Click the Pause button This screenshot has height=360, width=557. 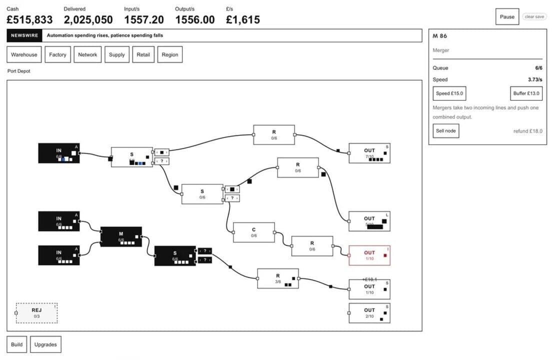click(x=507, y=16)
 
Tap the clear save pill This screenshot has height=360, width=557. click(x=534, y=16)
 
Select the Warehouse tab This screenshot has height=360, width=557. click(x=24, y=54)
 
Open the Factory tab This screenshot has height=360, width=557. click(x=57, y=54)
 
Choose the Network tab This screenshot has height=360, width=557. click(x=87, y=54)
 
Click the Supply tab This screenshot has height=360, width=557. click(x=116, y=54)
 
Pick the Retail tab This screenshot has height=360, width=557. click(x=143, y=54)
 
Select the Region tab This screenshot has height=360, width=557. click(x=170, y=54)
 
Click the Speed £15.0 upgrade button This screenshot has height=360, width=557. click(x=449, y=93)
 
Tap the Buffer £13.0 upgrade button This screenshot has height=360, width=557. click(x=526, y=93)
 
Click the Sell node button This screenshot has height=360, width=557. click(x=445, y=131)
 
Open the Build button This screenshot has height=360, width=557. click(x=16, y=344)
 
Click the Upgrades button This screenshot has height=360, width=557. click(x=45, y=344)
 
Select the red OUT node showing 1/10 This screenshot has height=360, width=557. click(x=369, y=255)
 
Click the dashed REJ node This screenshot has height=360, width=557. click(x=36, y=313)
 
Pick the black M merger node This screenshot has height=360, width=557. click(x=121, y=236)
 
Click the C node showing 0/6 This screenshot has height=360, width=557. click(x=253, y=232)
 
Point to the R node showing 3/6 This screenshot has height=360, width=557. click(x=277, y=278)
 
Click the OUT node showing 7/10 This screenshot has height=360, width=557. click(x=369, y=153)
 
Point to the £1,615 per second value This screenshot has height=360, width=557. click(x=243, y=20)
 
